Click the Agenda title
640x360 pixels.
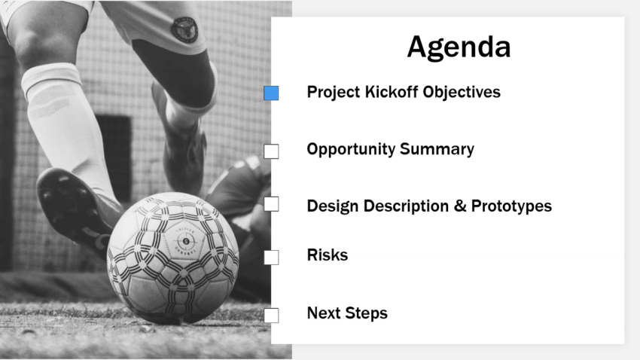459,47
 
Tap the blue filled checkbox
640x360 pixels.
271,93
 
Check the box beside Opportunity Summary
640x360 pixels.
271,151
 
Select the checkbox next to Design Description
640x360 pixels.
271,204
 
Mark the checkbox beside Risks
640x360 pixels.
271,257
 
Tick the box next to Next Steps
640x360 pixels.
271,315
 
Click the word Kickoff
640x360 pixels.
391,92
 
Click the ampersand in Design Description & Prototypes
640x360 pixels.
460,206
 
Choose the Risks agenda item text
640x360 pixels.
327,255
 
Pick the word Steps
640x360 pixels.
367,313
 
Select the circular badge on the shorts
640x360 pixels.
184,29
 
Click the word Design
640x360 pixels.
333,206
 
